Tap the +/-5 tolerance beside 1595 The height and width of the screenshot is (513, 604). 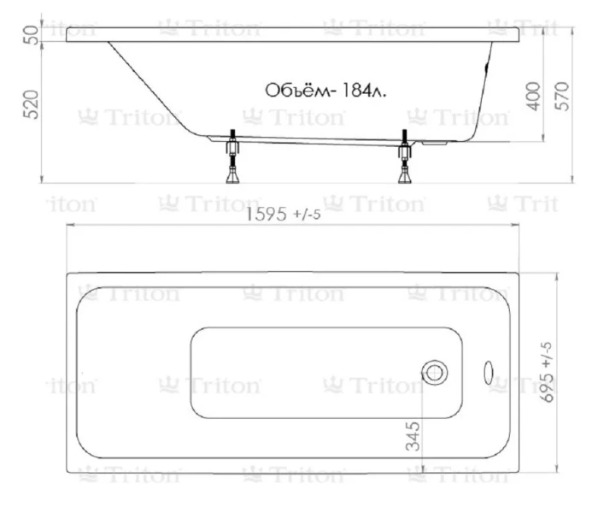307,215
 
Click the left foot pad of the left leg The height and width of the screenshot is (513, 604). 231,179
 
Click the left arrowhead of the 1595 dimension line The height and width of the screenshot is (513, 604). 72,226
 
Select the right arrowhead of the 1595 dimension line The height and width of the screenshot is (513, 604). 515,226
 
